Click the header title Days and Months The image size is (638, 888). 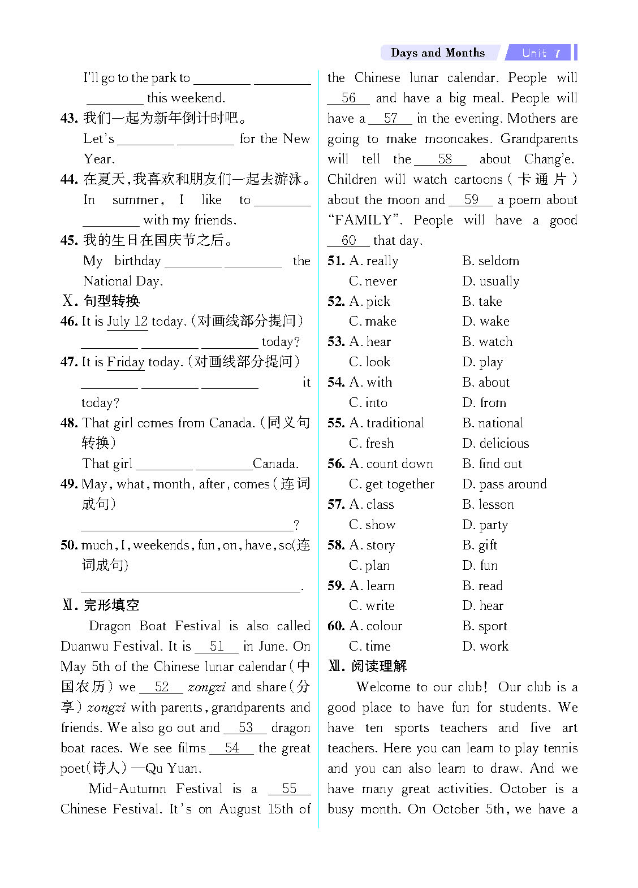437,53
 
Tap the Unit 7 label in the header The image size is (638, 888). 541,53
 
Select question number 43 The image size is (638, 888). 68,118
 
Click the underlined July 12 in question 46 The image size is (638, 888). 127,322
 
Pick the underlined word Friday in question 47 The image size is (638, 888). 126,362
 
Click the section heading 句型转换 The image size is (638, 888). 111,301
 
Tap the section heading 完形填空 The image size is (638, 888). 111,605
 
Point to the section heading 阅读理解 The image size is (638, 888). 378,666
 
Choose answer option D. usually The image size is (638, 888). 490,281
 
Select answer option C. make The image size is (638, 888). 373,322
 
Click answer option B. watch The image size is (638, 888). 487,342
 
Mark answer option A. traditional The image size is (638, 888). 387,423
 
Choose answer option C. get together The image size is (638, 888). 391,484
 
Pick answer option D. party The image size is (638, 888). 485,525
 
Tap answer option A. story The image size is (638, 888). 372,545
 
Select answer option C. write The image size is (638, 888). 372,606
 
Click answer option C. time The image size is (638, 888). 370,647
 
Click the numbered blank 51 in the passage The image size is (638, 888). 217,646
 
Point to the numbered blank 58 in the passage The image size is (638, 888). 445,159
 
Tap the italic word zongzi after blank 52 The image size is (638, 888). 206,687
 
